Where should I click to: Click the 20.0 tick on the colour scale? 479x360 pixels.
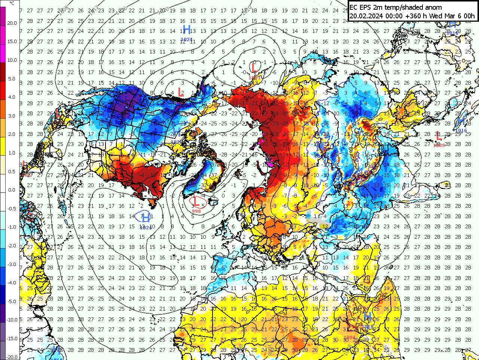click(12, 23)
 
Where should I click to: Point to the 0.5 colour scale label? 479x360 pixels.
click(12, 171)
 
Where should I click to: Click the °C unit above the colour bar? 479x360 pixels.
click(12, 3)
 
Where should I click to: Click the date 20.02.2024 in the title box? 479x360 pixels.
click(366, 16)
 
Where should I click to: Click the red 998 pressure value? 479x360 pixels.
click(196, 211)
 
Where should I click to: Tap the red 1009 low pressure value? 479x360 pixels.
click(439, 145)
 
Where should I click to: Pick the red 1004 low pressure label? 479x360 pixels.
click(350, 338)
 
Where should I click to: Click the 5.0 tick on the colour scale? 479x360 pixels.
click(12, 79)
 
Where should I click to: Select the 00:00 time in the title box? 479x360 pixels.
click(393, 16)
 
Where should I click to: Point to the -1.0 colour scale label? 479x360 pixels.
click(12, 227)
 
